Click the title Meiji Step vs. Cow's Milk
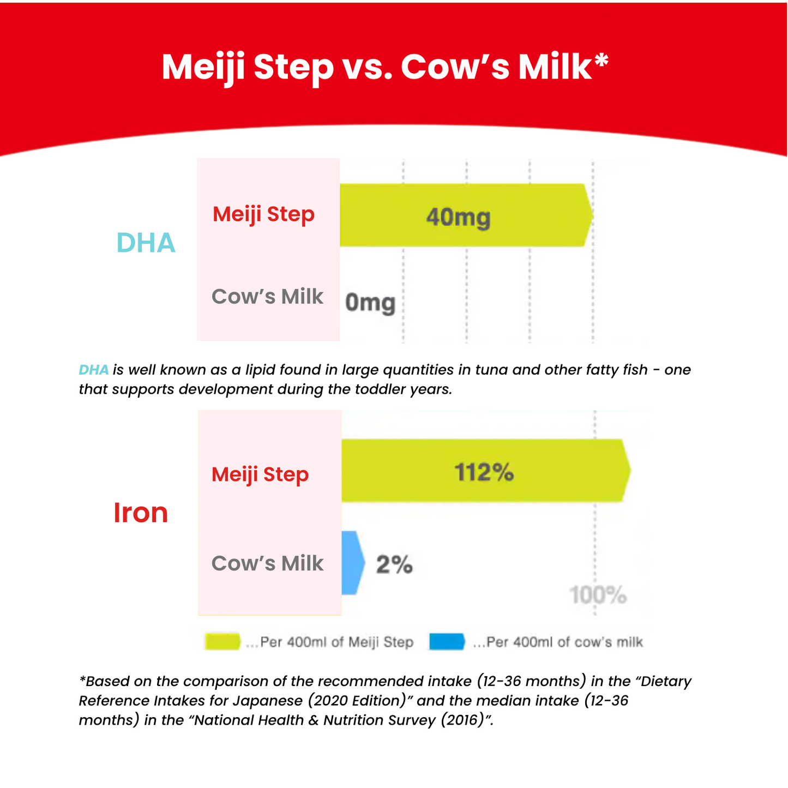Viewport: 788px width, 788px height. (x=385, y=68)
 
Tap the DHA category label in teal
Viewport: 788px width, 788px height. (x=146, y=243)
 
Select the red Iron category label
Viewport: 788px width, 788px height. (x=141, y=513)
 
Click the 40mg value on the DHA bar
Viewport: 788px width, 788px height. (x=458, y=217)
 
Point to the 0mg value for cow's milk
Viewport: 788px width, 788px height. (x=370, y=303)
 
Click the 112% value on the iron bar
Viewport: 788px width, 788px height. (x=484, y=472)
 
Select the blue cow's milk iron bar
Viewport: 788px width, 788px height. (x=352, y=563)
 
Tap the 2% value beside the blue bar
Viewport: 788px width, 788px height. (x=394, y=564)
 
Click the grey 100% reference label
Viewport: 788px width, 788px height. (x=598, y=594)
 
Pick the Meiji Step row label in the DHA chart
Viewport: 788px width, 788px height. (x=263, y=214)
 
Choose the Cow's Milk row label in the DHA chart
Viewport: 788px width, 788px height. (x=267, y=296)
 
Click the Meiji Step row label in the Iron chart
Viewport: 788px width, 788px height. (x=260, y=475)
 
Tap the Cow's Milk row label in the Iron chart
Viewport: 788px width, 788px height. (x=267, y=563)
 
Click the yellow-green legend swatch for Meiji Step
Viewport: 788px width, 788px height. (x=222, y=641)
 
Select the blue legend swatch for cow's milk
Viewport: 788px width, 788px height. (x=447, y=641)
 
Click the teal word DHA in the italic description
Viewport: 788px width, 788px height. (x=94, y=370)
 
